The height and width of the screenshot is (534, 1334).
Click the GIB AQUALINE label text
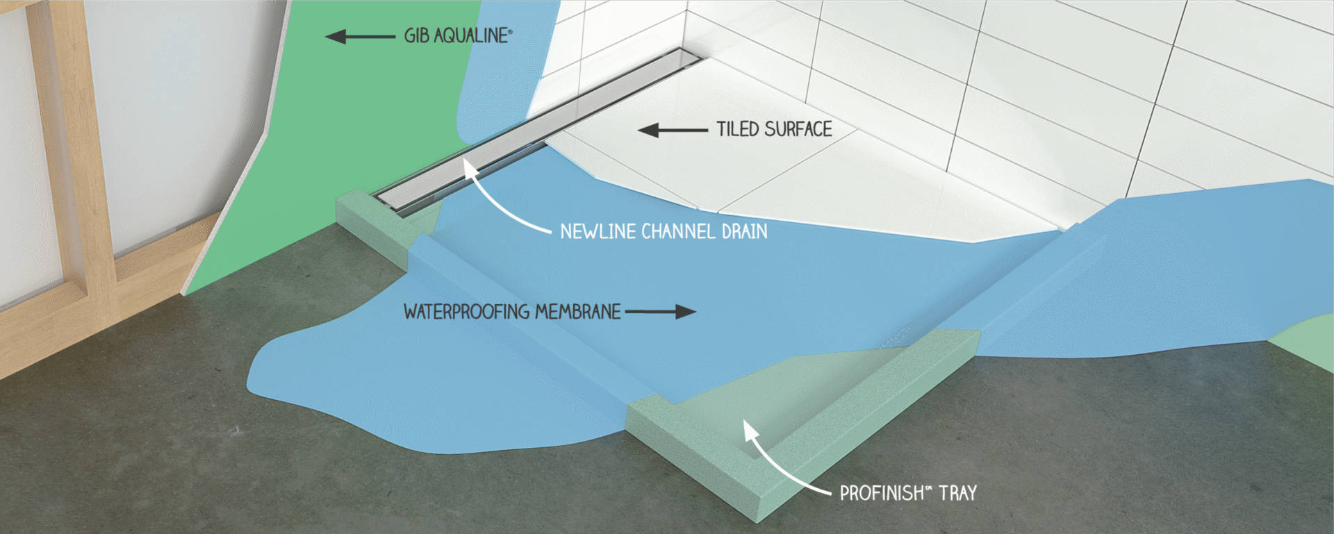pyautogui.click(x=457, y=35)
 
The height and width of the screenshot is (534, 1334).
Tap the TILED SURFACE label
pyautogui.click(x=774, y=129)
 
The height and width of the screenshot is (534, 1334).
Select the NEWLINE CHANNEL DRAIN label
pyautogui.click(x=664, y=231)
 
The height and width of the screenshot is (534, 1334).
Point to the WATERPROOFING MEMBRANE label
pyautogui.click(x=512, y=312)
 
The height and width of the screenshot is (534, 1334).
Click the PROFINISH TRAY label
pyautogui.click(x=908, y=493)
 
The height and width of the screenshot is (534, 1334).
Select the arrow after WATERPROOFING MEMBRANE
pyautogui.click(x=660, y=312)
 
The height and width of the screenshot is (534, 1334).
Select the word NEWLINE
pyautogui.click(x=598, y=231)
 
